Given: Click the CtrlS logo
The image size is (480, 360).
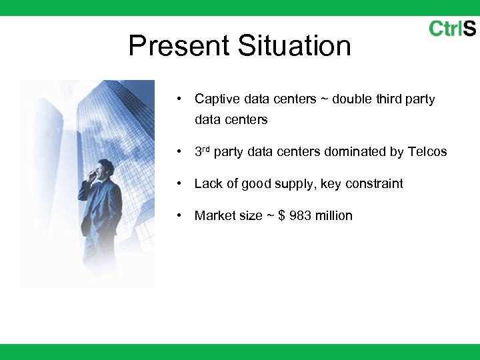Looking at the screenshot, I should pyautogui.click(x=452, y=29).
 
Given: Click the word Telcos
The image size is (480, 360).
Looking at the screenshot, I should pyautogui.click(x=427, y=152).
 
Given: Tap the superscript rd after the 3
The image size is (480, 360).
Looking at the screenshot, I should pyautogui.click(x=206, y=149).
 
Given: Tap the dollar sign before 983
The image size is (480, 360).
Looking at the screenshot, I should pyautogui.click(x=282, y=215).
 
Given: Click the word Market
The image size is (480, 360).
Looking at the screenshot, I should pyautogui.click(x=213, y=215).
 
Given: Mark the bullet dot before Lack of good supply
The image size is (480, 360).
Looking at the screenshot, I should pyautogui.click(x=180, y=184).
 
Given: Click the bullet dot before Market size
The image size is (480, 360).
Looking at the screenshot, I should pyautogui.click(x=180, y=216).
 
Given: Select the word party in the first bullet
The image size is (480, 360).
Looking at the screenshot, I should pyautogui.click(x=421, y=99).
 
